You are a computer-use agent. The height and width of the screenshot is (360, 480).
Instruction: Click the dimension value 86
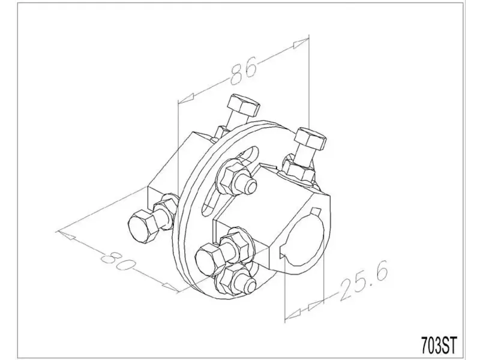click(243, 71)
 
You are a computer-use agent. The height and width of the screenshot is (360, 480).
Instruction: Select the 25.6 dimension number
click(364, 280)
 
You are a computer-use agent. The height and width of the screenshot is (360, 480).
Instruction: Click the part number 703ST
click(439, 345)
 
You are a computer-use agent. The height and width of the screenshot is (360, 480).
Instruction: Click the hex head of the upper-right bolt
click(310, 139)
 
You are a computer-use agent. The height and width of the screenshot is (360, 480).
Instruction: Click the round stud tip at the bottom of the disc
click(250, 286)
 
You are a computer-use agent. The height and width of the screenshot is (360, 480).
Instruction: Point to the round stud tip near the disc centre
click(250, 185)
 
